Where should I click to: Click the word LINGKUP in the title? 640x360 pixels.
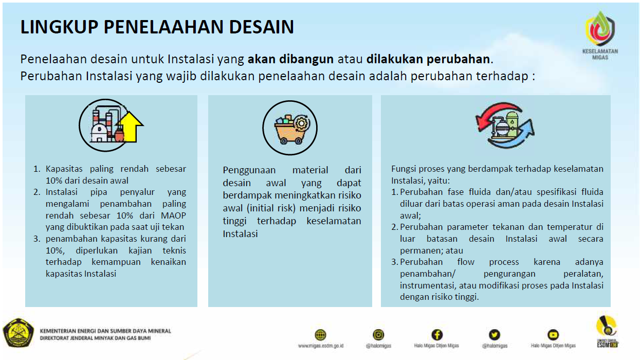click(x=59, y=27)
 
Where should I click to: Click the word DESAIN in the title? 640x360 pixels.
click(x=262, y=27)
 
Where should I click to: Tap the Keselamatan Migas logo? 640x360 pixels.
click(x=600, y=35)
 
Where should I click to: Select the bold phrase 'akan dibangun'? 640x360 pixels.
click(x=290, y=59)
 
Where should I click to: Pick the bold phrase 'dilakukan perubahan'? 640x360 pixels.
click(x=428, y=59)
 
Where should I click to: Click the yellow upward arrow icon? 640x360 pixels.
click(x=130, y=127)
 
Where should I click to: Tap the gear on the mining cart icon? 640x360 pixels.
click(x=301, y=123)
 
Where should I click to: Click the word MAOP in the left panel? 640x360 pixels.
click(x=173, y=215)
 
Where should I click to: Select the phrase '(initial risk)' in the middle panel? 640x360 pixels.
click(x=271, y=208)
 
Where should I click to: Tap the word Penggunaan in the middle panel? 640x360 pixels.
click(x=249, y=170)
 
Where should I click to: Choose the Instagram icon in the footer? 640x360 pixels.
click(x=378, y=335)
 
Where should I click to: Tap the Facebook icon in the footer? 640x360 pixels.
click(x=437, y=335)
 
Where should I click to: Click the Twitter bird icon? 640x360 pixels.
click(x=495, y=335)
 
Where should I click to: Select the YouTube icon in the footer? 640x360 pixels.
click(x=553, y=335)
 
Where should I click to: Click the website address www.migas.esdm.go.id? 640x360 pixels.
click(x=321, y=346)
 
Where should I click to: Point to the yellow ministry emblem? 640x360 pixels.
click(x=19, y=333)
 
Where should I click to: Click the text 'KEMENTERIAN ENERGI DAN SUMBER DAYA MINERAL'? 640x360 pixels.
click(x=105, y=331)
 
